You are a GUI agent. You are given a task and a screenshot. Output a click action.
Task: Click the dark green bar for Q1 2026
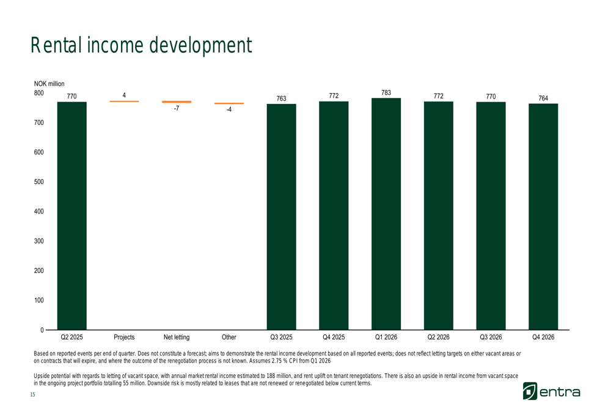[386, 214]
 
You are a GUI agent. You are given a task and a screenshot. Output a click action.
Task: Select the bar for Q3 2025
[281, 217]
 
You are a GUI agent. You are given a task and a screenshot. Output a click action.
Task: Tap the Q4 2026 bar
[543, 217]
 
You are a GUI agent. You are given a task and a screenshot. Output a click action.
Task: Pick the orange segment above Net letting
[177, 102]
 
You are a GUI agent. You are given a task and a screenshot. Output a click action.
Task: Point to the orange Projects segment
[124, 101]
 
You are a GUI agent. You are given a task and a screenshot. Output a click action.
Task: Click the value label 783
[386, 93]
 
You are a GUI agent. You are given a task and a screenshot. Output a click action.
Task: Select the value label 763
[281, 98]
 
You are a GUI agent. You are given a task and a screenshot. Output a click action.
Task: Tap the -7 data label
[176, 108]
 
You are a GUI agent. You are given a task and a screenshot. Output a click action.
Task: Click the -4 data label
[229, 110]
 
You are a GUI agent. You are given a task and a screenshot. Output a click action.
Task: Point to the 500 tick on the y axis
[38, 182]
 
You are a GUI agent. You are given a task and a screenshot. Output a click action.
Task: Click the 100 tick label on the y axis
[38, 300]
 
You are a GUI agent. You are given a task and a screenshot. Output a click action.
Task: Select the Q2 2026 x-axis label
[438, 337]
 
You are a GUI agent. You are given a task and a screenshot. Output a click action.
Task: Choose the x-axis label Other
[229, 337]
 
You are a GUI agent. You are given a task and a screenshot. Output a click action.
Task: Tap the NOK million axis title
[49, 84]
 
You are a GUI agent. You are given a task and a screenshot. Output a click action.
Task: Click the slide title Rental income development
[141, 45]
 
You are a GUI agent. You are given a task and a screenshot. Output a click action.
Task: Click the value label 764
[543, 98]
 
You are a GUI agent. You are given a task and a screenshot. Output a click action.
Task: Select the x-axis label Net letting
[177, 337]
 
